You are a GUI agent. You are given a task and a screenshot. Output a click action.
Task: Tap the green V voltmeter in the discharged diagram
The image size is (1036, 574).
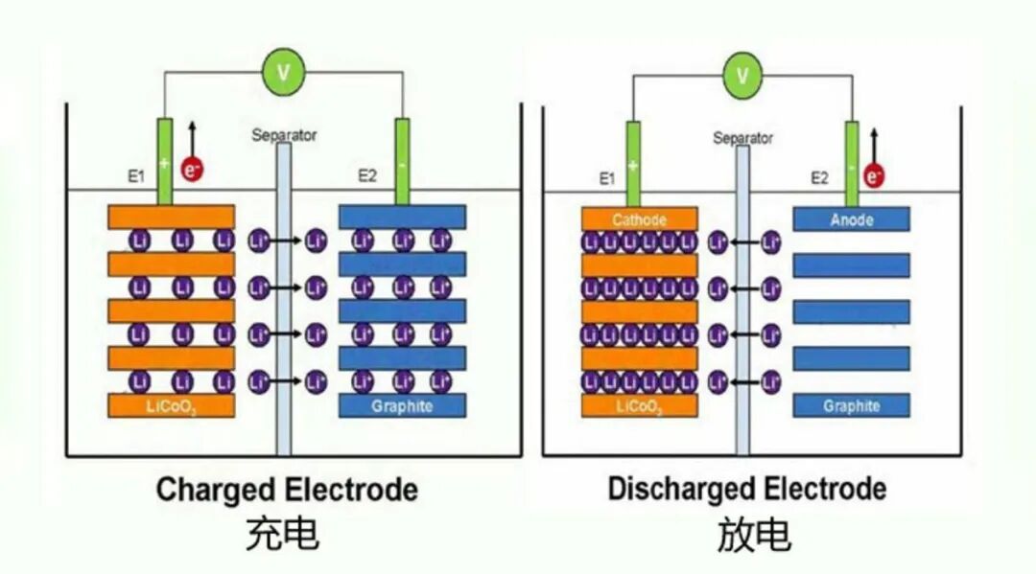[x=741, y=74]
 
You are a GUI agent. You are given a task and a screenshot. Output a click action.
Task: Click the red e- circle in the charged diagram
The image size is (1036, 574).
[x=192, y=171]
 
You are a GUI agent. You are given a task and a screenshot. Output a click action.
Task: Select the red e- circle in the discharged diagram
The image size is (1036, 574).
[x=872, y=176]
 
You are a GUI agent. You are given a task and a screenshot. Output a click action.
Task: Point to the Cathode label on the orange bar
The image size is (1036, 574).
[x=639, y=219]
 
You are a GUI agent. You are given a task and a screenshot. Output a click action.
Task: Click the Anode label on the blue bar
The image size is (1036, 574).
[x=851, y=219]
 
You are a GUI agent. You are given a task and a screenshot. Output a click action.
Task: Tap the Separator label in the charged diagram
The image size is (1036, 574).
[x=284, y=135]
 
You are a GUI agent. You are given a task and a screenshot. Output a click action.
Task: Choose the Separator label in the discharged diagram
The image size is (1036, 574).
[x=742, y=138]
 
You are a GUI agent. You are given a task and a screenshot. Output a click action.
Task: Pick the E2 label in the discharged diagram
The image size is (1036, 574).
[x=818, y=177]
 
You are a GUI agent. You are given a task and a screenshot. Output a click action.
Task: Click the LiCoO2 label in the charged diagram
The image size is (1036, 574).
[x=172, y=406]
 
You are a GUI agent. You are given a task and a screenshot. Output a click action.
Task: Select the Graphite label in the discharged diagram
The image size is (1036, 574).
[x=851, y=405]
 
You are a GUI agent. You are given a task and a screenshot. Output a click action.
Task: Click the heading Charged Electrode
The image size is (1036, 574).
[x=287, y=491]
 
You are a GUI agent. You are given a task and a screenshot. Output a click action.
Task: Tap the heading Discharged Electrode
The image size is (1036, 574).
[x=746, y=490]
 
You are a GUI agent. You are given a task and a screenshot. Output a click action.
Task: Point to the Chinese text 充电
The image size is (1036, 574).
[x=282, y=535]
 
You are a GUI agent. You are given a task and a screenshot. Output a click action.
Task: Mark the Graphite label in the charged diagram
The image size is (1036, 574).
[x=402, y=406]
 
